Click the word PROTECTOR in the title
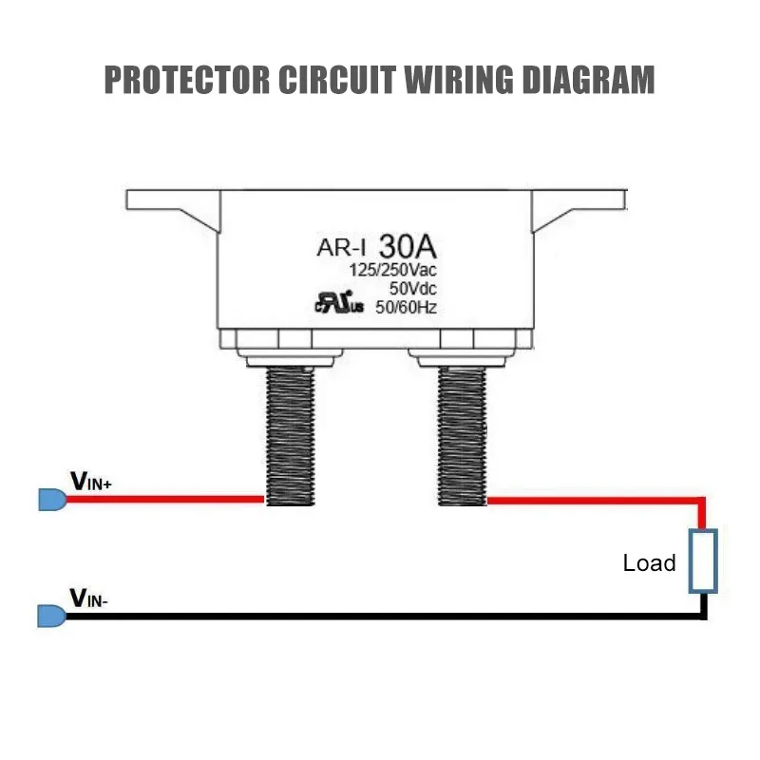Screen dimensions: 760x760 click(x=187, y=80)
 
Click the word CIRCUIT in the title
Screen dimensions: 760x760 click(x=337, y=80)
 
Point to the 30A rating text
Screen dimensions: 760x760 click(x=408, y=246)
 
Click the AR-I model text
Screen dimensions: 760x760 click(x=341, y=248)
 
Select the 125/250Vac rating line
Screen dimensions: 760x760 click(x=393, y=270)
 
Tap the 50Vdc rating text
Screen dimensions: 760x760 click(x=413, y=289)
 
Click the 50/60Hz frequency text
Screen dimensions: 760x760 click(x=407, y=307)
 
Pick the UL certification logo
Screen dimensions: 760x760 click(x=339, y=303)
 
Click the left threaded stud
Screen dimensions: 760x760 click(x=291, y=436)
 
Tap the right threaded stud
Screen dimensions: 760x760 click(x=462, y=436)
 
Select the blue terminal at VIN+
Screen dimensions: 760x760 click(x=52, y=500)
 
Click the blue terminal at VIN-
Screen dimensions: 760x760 click(x=52, y=616)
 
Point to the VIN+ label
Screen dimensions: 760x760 click(x=91, y=482)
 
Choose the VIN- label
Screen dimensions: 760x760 click(x=89, y=598)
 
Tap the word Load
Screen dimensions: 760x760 click(x=649, y=563)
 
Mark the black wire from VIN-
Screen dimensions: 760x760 click(x=387, y=617)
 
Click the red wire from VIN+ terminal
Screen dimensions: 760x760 click(x=165, y=499)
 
